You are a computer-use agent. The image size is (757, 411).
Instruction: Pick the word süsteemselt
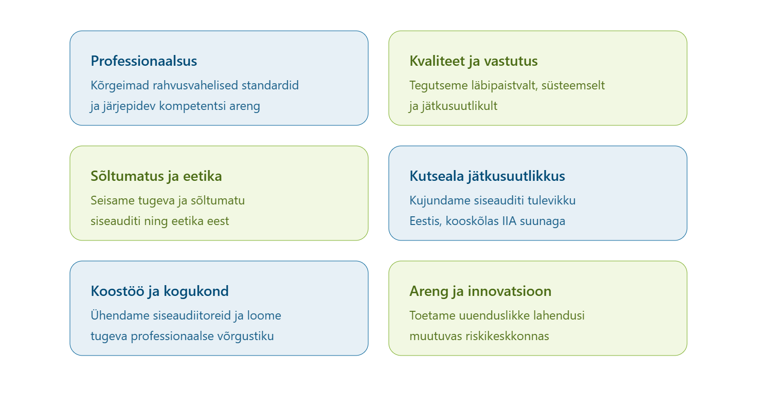(x=573, y=86)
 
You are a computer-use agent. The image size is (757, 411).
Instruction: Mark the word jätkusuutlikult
(x=459, y=106)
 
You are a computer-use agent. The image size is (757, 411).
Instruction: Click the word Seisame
(x=113, y=200)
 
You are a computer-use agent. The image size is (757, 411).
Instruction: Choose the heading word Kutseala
(x=437, y=176)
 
